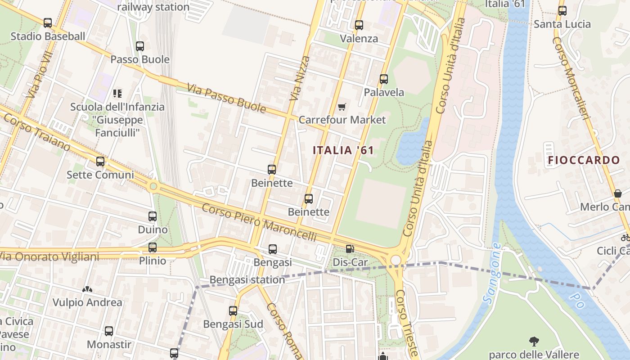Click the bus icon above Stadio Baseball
pos(48,22)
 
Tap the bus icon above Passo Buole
pos(140,46)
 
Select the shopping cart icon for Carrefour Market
pos(342,107)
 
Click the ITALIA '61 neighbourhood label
pos(343,150)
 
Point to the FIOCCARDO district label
pos(584,160)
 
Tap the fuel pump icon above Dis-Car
pos(350,248)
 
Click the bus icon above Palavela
pos(384,79)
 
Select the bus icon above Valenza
pos(359,25)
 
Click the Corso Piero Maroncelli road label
pos(259,222)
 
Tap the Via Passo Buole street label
pos(226,98)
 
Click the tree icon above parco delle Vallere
pos(534,341)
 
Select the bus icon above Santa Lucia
pos(562,11)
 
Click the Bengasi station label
pos(247,280)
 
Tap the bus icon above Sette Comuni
pos(100,161)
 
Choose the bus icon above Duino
pos(153,216)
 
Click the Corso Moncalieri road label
pos(571,78)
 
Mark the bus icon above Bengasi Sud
pos(233,310)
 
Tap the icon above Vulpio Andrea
pos(87,289)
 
